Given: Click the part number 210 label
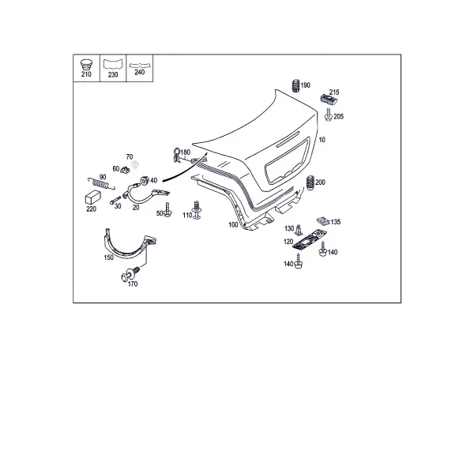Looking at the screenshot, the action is tap(86, 74).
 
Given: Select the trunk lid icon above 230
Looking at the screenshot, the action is tap(113, 65).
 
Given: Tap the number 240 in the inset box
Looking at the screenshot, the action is tap(139, 72).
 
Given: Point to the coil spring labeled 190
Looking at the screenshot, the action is tap(295, 85).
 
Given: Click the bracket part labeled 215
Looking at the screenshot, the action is tap(329, 100).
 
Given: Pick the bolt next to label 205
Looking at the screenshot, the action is tap(329, 115).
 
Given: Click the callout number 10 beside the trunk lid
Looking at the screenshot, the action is tap(322, 140).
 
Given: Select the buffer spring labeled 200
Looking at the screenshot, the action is tap(310, 183).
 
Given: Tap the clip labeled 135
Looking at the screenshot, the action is tap(323, 221).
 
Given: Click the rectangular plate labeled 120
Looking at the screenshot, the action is tap(310, 240).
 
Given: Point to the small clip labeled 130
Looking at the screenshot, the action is tap(299, 230).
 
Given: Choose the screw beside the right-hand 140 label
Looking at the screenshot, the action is tap(322, 250).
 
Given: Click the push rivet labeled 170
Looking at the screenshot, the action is tap(130, 273).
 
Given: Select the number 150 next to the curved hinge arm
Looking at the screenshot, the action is tap(109, 258).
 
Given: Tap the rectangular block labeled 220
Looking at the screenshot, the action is tap(92, 197).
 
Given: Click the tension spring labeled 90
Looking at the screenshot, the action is tap(101, 183).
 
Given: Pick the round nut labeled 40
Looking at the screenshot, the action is tap(145, 180).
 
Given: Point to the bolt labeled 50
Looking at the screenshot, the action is tap(167, 210).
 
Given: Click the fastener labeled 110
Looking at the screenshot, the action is tap(197, 210).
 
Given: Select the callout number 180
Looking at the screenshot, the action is tap(186, 152).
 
